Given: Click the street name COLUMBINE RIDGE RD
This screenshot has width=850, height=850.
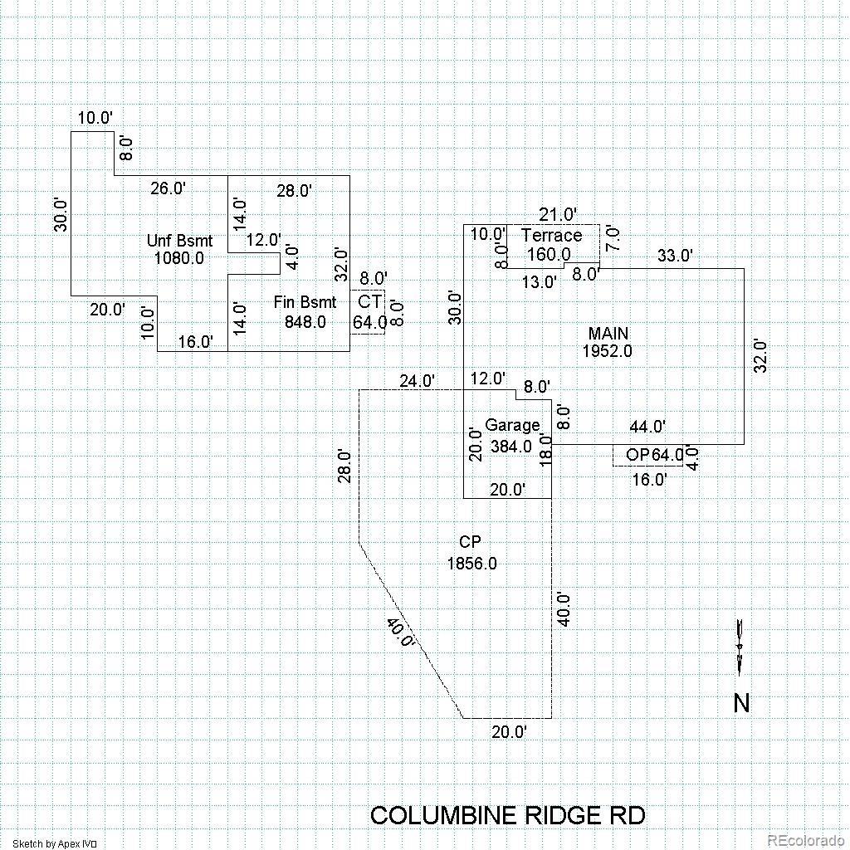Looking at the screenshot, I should click(507, 815).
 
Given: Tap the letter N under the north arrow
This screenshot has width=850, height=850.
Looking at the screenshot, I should click(741, 704).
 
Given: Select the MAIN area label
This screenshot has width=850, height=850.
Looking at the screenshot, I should click(608, 334).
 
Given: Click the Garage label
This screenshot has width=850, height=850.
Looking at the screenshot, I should click(512, 426).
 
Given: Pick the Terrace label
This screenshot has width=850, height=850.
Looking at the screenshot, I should click(551, 236).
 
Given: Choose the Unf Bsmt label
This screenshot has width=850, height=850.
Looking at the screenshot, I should click(179, 241).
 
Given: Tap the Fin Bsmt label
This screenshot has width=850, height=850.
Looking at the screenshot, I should click(305, 302).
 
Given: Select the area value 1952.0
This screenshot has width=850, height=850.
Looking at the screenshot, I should click(607, 351).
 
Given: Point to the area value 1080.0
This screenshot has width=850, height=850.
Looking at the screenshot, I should click(178, 258).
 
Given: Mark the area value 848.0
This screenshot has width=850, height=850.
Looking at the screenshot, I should click(305, 321).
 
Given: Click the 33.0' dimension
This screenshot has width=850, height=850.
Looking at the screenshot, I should click(674, 256).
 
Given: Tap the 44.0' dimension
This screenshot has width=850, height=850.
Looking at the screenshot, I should click(647, 427).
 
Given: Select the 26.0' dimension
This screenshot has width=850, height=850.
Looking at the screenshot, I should click(168, 188).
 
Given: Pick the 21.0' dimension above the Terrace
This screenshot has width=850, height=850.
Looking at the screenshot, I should click(558, 215).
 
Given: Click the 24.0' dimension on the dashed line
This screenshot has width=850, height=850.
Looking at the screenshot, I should click(417, 381).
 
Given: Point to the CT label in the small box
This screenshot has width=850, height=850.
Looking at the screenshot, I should click(369, 302).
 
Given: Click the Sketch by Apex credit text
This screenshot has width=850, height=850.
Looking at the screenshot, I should click(55, 844).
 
